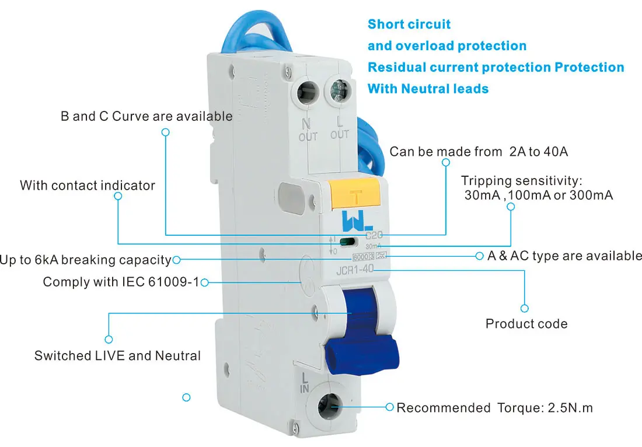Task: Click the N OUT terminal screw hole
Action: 307,91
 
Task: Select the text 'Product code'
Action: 526,324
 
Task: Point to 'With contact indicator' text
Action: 88,186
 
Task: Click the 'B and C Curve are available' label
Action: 146,116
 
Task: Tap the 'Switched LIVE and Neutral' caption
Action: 117,355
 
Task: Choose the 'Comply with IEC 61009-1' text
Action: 121,282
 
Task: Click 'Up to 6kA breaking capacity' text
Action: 85,260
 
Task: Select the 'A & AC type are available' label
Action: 564,256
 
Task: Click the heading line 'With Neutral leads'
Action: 428,89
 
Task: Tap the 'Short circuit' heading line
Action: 409,25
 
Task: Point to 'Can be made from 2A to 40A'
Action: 479,152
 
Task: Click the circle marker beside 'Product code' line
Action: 524,308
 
